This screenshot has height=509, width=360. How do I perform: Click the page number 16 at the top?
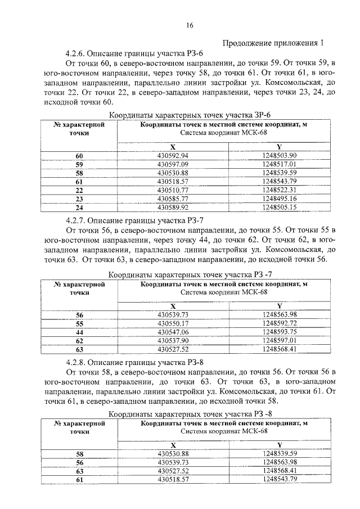point(190,25)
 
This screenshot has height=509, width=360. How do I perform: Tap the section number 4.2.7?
point(77,219)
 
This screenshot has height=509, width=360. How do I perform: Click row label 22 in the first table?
point(79,190)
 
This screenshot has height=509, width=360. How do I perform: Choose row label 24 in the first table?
point(79,208)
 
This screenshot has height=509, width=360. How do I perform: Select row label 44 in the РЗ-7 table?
point(79,332)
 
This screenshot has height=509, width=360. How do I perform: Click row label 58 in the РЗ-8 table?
point(79,454)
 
